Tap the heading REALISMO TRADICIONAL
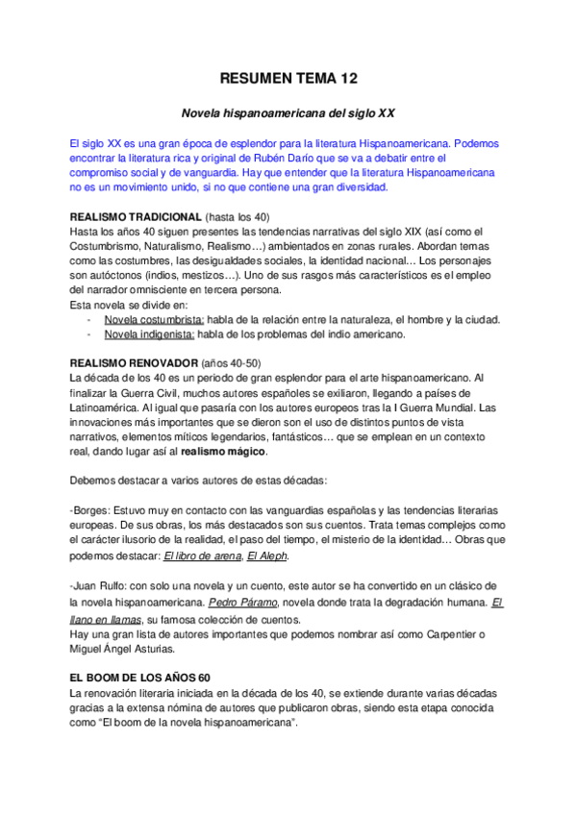coord(137,217)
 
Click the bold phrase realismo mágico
coord(225,452)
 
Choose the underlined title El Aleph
coord(266,556)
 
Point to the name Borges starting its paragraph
coord(92,510)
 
